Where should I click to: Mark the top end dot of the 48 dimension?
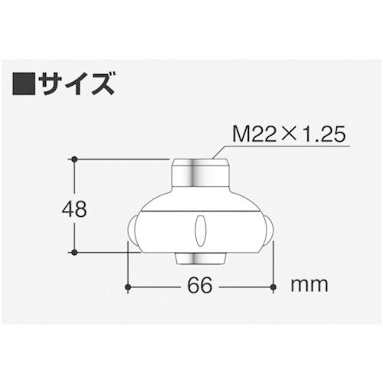(75, 159)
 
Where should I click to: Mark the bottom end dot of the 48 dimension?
(75, 252)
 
